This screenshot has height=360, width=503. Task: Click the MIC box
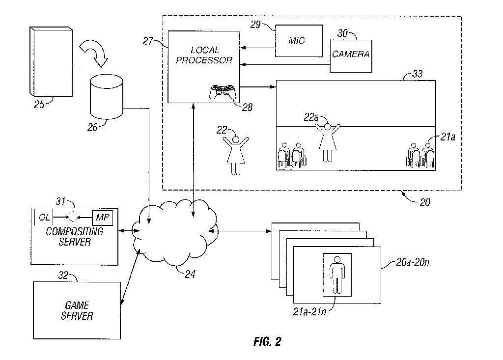pyautogui.click(x=297, y=41)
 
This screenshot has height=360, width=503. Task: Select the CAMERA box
pyautogui.click(x=351, y=54)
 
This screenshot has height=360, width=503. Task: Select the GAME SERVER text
pyautogui.click(x=77, y=311)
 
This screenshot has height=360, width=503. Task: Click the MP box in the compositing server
pyautogui.click(x=103, y=217)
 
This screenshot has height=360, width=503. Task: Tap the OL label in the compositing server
pyautogui.click(x=45, y=217)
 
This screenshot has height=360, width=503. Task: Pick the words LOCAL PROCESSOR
pyautogui.click(x=204, y=55)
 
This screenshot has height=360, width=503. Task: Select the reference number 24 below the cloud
pyautogui.click(x=190, y=275)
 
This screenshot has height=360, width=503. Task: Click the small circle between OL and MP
pyautogui.click(x=74, y=217)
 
